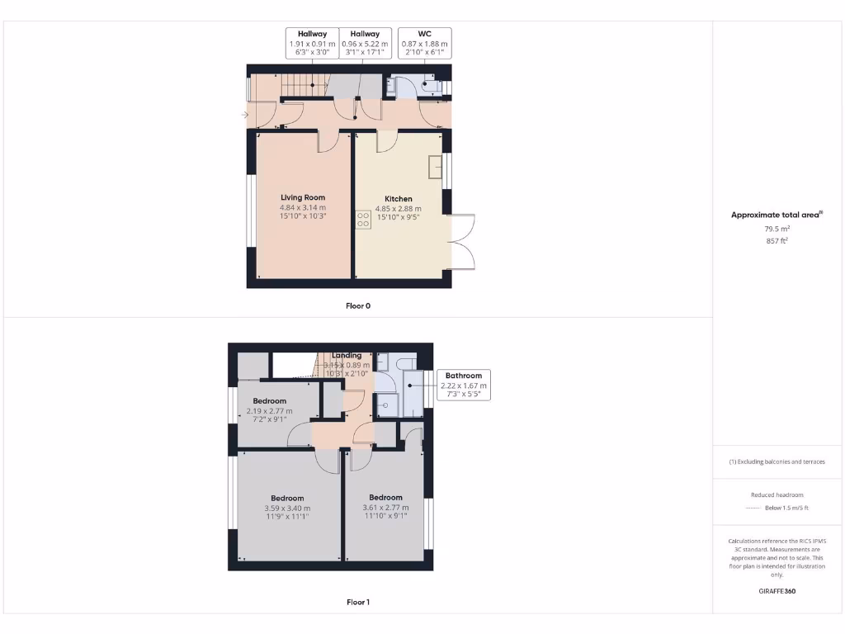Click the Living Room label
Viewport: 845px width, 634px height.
pos(303,197)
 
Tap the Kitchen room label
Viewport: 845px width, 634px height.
pos(398,198)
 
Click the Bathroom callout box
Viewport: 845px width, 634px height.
pos(463,385)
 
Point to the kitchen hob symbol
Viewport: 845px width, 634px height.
pos(363,219)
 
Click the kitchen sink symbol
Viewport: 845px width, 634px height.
pos(435,168)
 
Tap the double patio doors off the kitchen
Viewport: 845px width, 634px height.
pos(463,241)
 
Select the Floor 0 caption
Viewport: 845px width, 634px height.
pos(358,305)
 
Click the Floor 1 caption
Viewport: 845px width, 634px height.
pos(358,603)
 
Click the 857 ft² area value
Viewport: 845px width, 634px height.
pos(777,241)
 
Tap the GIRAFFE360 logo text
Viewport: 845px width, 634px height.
pos(777,591)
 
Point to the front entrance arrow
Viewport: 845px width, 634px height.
pos(244,115)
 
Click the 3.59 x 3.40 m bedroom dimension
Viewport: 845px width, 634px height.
pos(287,508)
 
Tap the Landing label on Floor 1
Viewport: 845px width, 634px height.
pos(347,356)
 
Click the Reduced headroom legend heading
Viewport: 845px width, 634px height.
pos(777,494)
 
